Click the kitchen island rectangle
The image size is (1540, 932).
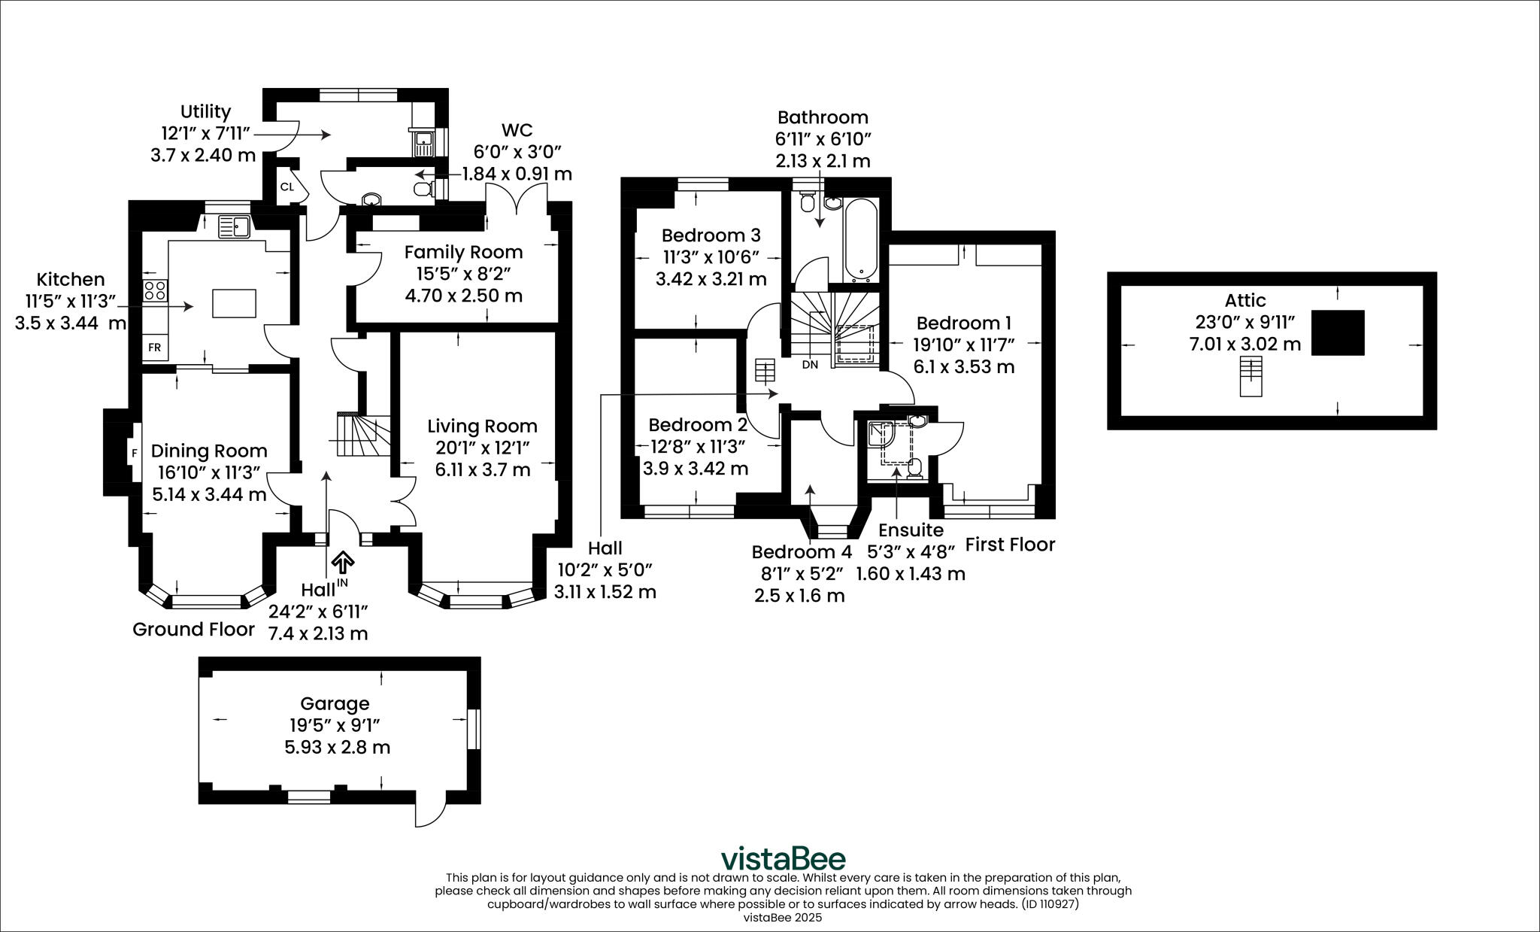tap(234, 303)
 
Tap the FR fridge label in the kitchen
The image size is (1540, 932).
tap(154, 348)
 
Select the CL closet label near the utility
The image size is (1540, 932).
tap(287, 187)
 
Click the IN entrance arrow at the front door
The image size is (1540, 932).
tap(343, 562)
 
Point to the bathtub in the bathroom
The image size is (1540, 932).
tap(860, 239)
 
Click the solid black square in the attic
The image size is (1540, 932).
tap(1338, 332)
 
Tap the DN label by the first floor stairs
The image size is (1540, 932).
tap(810, 365)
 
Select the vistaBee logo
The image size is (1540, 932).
tap(783, 859)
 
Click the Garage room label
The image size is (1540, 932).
tap(335, 703)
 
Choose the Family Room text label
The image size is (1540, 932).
tap(463, 251)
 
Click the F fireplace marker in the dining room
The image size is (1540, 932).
tap(135, 453)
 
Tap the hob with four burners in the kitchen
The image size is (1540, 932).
tap(154, 290)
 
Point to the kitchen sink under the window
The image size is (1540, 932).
tap(235, 226)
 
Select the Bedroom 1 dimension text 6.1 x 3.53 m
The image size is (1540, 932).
tap(964, 367)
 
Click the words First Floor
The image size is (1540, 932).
tap(1010, 545)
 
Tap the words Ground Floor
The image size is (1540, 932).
tap(193, 630)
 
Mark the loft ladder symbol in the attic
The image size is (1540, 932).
tap(1250, 377)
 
